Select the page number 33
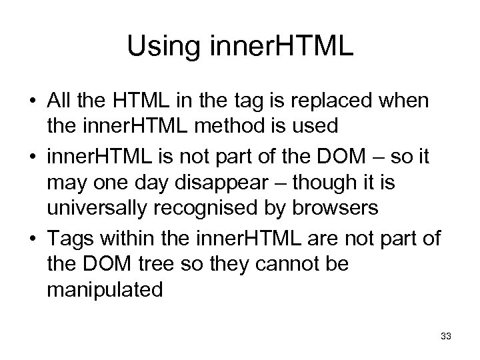(446, 337)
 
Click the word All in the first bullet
(59, 102)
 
